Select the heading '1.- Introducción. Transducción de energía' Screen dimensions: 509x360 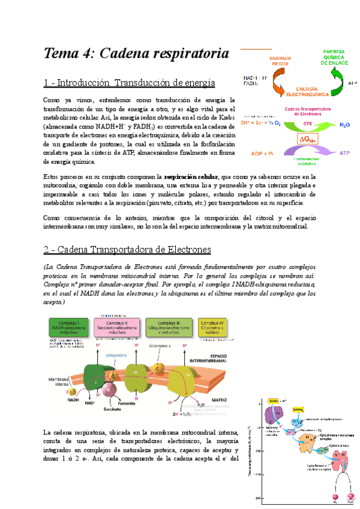coord(130,82)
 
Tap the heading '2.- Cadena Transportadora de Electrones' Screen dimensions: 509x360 coord(127,248)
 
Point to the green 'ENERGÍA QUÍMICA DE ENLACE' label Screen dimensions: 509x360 coord(338,57)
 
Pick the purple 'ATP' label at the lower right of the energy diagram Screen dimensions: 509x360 coord(344,153)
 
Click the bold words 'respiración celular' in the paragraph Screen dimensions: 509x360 coord(191,177)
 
